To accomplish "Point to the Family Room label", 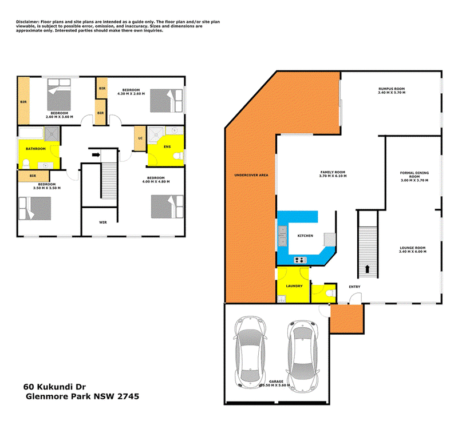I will click(333, 174).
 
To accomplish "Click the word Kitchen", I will click(305, 236).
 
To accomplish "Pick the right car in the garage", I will click(302, 353).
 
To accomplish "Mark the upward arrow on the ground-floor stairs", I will click(367, 269).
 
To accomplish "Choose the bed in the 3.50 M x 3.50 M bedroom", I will click(35, 209).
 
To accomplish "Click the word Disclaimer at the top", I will click(29, 21).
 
